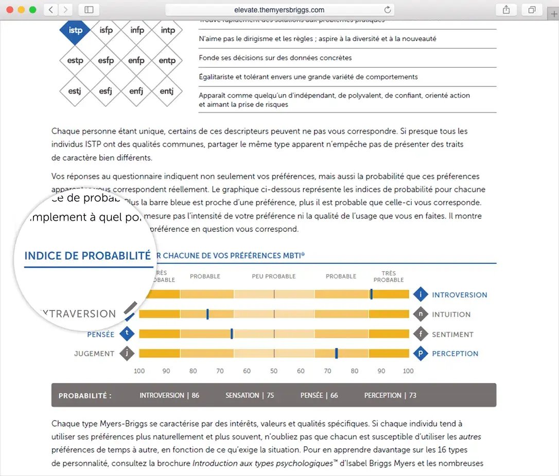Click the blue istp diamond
(x=75, y=30)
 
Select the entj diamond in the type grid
(x=167, y=91)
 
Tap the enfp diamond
(x=136, y=61)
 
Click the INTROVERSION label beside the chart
(x=459, y=295)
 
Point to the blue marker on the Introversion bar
(x=371, y=295)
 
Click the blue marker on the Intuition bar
(x=207, y=314)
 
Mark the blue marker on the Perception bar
(x=336, y=353)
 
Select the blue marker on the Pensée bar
(x=232, y=334)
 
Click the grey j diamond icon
(x=127, y=354)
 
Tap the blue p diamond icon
(x=421, y=354)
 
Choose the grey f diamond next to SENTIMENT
(x=421, y=334)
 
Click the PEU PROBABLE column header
(x=274, y=277)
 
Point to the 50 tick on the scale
(x=274, y=371)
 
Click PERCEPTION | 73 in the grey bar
(x=390, y=395)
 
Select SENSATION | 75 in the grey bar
(x=250, y=395)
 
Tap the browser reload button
(x=387, y=10)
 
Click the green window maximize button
(x=32, y=10)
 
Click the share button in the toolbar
(x=506, y=10)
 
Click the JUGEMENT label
(x=94, y=354)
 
